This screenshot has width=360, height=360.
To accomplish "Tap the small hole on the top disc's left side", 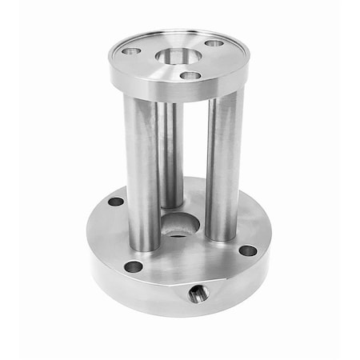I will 131,51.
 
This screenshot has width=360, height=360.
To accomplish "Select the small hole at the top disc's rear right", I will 214,42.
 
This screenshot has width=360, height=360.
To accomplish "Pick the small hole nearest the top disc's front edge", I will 190,75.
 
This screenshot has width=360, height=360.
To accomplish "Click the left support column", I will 142,168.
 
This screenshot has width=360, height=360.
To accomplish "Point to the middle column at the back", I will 170,152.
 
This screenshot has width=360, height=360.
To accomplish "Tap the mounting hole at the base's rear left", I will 116,202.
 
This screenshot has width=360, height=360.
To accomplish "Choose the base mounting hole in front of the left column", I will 134,266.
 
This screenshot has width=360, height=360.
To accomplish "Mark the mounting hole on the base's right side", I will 248,250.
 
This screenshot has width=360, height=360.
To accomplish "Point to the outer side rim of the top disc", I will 180,90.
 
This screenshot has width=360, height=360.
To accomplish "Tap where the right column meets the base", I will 222,235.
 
